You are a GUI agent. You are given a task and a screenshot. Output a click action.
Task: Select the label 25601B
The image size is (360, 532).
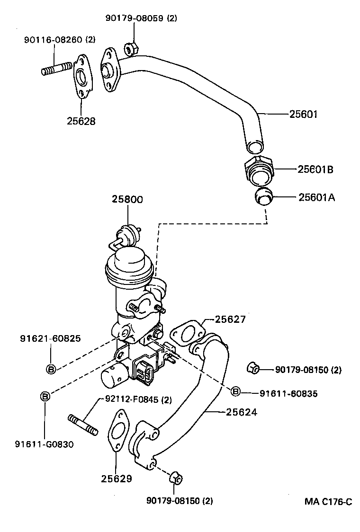click(x=315, y=169)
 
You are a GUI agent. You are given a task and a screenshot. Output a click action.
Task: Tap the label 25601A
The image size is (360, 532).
click(x=316, y=197)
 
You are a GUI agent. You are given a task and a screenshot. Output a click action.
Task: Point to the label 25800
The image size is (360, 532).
click(x=127, y=200)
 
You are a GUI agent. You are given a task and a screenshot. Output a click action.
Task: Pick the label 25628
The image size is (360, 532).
click(x=81, y=121)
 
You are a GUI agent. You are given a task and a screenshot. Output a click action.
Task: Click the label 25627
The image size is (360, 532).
click(x=230, y=319)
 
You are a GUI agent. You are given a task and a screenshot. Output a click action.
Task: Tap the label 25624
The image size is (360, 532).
click(x=241, y=412)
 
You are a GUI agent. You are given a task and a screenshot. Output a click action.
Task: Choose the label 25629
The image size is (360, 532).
click(x=116, y=479)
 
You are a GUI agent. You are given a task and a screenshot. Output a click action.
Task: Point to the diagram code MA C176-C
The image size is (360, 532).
click(x=328, y=502)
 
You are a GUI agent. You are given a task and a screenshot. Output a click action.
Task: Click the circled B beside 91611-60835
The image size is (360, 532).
click(x=235, y=391)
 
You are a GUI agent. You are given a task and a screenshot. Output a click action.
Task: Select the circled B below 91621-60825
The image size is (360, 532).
click(x=51, y=369)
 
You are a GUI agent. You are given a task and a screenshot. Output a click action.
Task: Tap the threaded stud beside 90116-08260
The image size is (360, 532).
click(x=55, y=70)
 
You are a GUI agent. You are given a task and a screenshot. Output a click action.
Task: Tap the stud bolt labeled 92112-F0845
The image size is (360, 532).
click(x=83, y=425)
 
